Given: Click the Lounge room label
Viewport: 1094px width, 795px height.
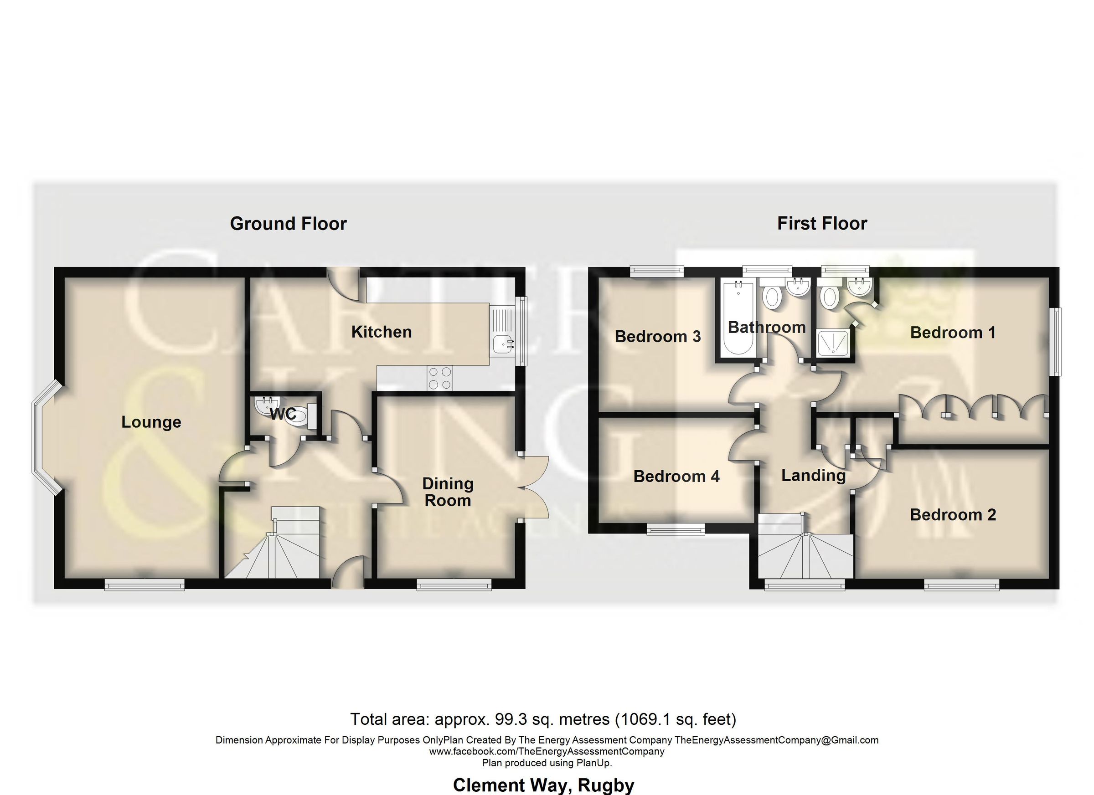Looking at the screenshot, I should coord(151,422).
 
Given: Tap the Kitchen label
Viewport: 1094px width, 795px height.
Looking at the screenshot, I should coord(381,332).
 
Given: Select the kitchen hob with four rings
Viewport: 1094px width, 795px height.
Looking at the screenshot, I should coord(439,378).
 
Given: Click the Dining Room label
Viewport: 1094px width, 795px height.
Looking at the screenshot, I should coord(448,492).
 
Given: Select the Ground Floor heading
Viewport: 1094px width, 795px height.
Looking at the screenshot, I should coord(288,224).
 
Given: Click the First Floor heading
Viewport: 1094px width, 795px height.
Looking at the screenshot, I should coord(822,223).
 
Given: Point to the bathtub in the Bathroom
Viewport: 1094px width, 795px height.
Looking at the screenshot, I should coord(738,318).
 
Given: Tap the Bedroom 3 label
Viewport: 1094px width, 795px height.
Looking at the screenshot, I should coord(657,336).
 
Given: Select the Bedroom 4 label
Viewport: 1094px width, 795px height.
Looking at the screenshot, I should coord(676,477).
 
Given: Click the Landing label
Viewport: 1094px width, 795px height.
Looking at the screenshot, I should coord(813,475).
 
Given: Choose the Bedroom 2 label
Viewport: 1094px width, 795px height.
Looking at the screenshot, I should coord(953,514).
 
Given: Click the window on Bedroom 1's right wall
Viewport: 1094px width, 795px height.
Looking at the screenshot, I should coord(1056,342).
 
